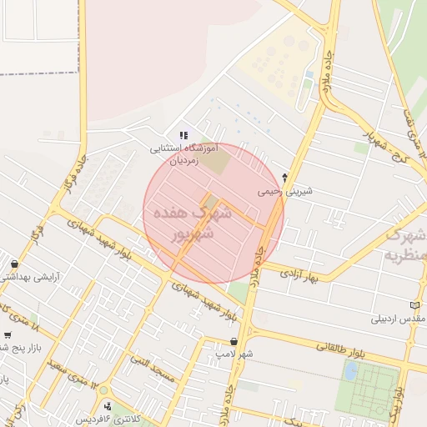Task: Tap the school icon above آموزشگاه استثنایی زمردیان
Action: (184, 135)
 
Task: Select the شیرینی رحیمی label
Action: (285, 190)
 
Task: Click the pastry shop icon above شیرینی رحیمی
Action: (285, 177)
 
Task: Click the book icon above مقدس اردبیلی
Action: (415, 305)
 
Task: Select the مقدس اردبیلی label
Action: (399, 319)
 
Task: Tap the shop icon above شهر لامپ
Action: (234, 341)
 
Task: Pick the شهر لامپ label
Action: (234, 354)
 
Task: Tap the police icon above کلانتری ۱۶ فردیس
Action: (108, 406)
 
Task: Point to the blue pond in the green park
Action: (351, 370)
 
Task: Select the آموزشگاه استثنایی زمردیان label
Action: (183, 154)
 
